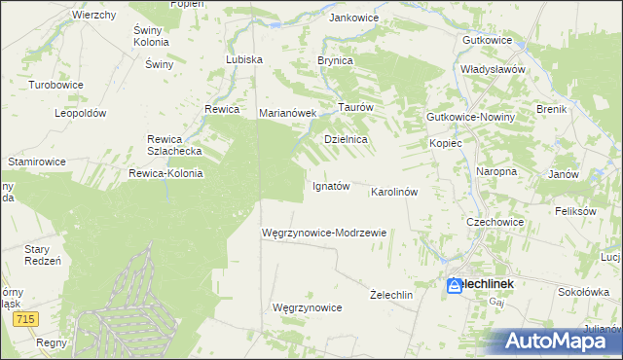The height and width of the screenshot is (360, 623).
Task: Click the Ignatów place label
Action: (x=330, y=186)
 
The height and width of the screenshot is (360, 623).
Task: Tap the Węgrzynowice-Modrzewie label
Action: (x=325, y=233)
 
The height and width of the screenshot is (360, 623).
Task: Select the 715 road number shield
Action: (x=26, y=319)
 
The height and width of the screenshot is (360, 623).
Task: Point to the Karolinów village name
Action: (x=394, y=192)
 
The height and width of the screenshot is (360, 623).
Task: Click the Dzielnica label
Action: (x=346, y=139)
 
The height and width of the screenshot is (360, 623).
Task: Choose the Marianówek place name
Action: (x=289, y=113)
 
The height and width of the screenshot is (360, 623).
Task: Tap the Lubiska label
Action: (x=244, y=59)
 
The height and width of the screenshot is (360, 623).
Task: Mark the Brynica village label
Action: (x=335, y=59)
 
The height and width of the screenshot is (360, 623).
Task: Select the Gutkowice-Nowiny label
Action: (x=471, y=117)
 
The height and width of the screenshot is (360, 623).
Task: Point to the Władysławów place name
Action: (x=494, y=70)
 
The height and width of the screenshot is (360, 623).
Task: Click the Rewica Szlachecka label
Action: (x=173, y=145)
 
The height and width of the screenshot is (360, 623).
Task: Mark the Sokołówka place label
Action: (x=583, y=291)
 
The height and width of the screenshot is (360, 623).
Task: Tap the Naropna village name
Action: (x=495, y=171)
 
